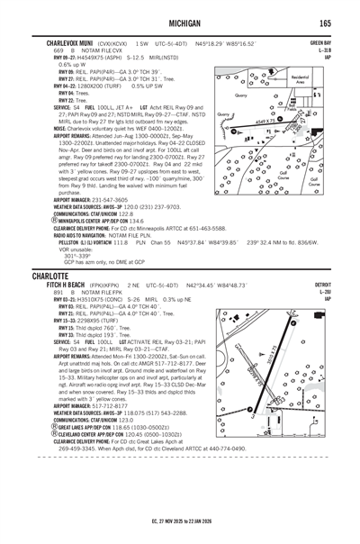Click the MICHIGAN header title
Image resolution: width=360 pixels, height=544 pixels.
pos(180,22)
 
